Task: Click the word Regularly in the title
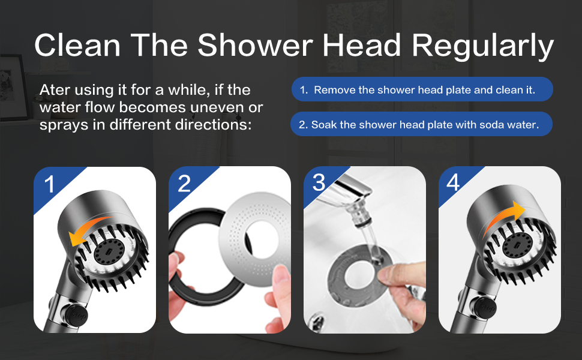[482, 46]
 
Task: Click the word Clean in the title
[77, 45]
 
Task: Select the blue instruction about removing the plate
[422, 89]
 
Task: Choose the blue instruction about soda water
[421, 124]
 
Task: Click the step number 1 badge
[50, 184]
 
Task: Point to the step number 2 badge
[184, 184]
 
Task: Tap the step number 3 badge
[319, 182]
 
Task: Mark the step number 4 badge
[453, 182]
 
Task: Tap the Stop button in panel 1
[77, 316]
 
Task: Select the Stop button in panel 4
[484, 306]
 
